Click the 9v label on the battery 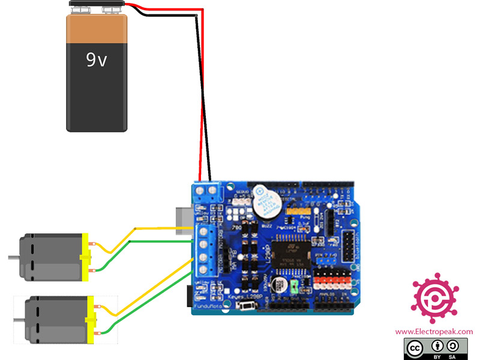tap(96, 59)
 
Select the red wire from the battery tap(200, 90)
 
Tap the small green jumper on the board tap(295, 286)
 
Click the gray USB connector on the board tap(184, 219)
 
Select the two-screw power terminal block tap(208, 191)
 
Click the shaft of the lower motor tap(18, 320)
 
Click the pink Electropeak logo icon tap(433, 296)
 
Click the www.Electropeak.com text tap(433, 331)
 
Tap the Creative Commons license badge tap(433, 348)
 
